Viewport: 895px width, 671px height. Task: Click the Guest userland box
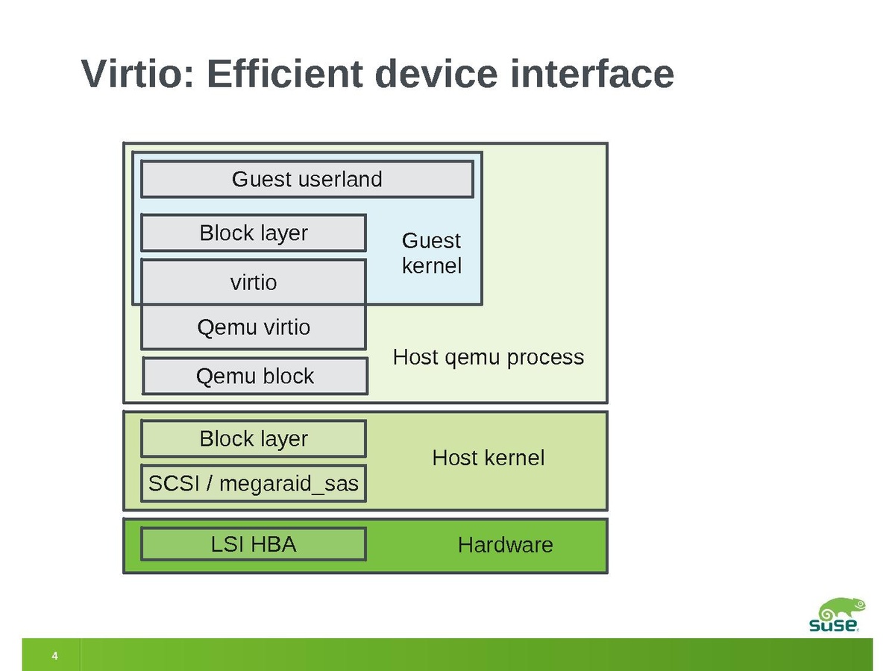[307, 180]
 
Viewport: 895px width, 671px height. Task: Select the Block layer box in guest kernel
[254, 233]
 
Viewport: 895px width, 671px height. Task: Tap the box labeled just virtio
[254, 283]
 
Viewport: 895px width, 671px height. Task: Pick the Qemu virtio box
[254, 327]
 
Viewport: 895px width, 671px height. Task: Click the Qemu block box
[255, 377]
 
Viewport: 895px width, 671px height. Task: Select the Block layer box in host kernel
[254, 439]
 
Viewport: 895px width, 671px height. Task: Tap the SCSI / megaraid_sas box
[254, 485]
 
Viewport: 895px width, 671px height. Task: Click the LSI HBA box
[254, 544]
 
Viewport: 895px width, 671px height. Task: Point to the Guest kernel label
[431, 253]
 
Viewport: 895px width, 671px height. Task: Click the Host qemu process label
[489, 358]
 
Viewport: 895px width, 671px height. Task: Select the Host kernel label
[489, 458]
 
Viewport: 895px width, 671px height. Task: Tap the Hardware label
[506, 545]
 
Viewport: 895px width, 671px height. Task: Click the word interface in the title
[591, 75]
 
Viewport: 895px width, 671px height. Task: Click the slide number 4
[54, 656]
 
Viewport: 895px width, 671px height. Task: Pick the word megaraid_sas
[289, 485]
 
